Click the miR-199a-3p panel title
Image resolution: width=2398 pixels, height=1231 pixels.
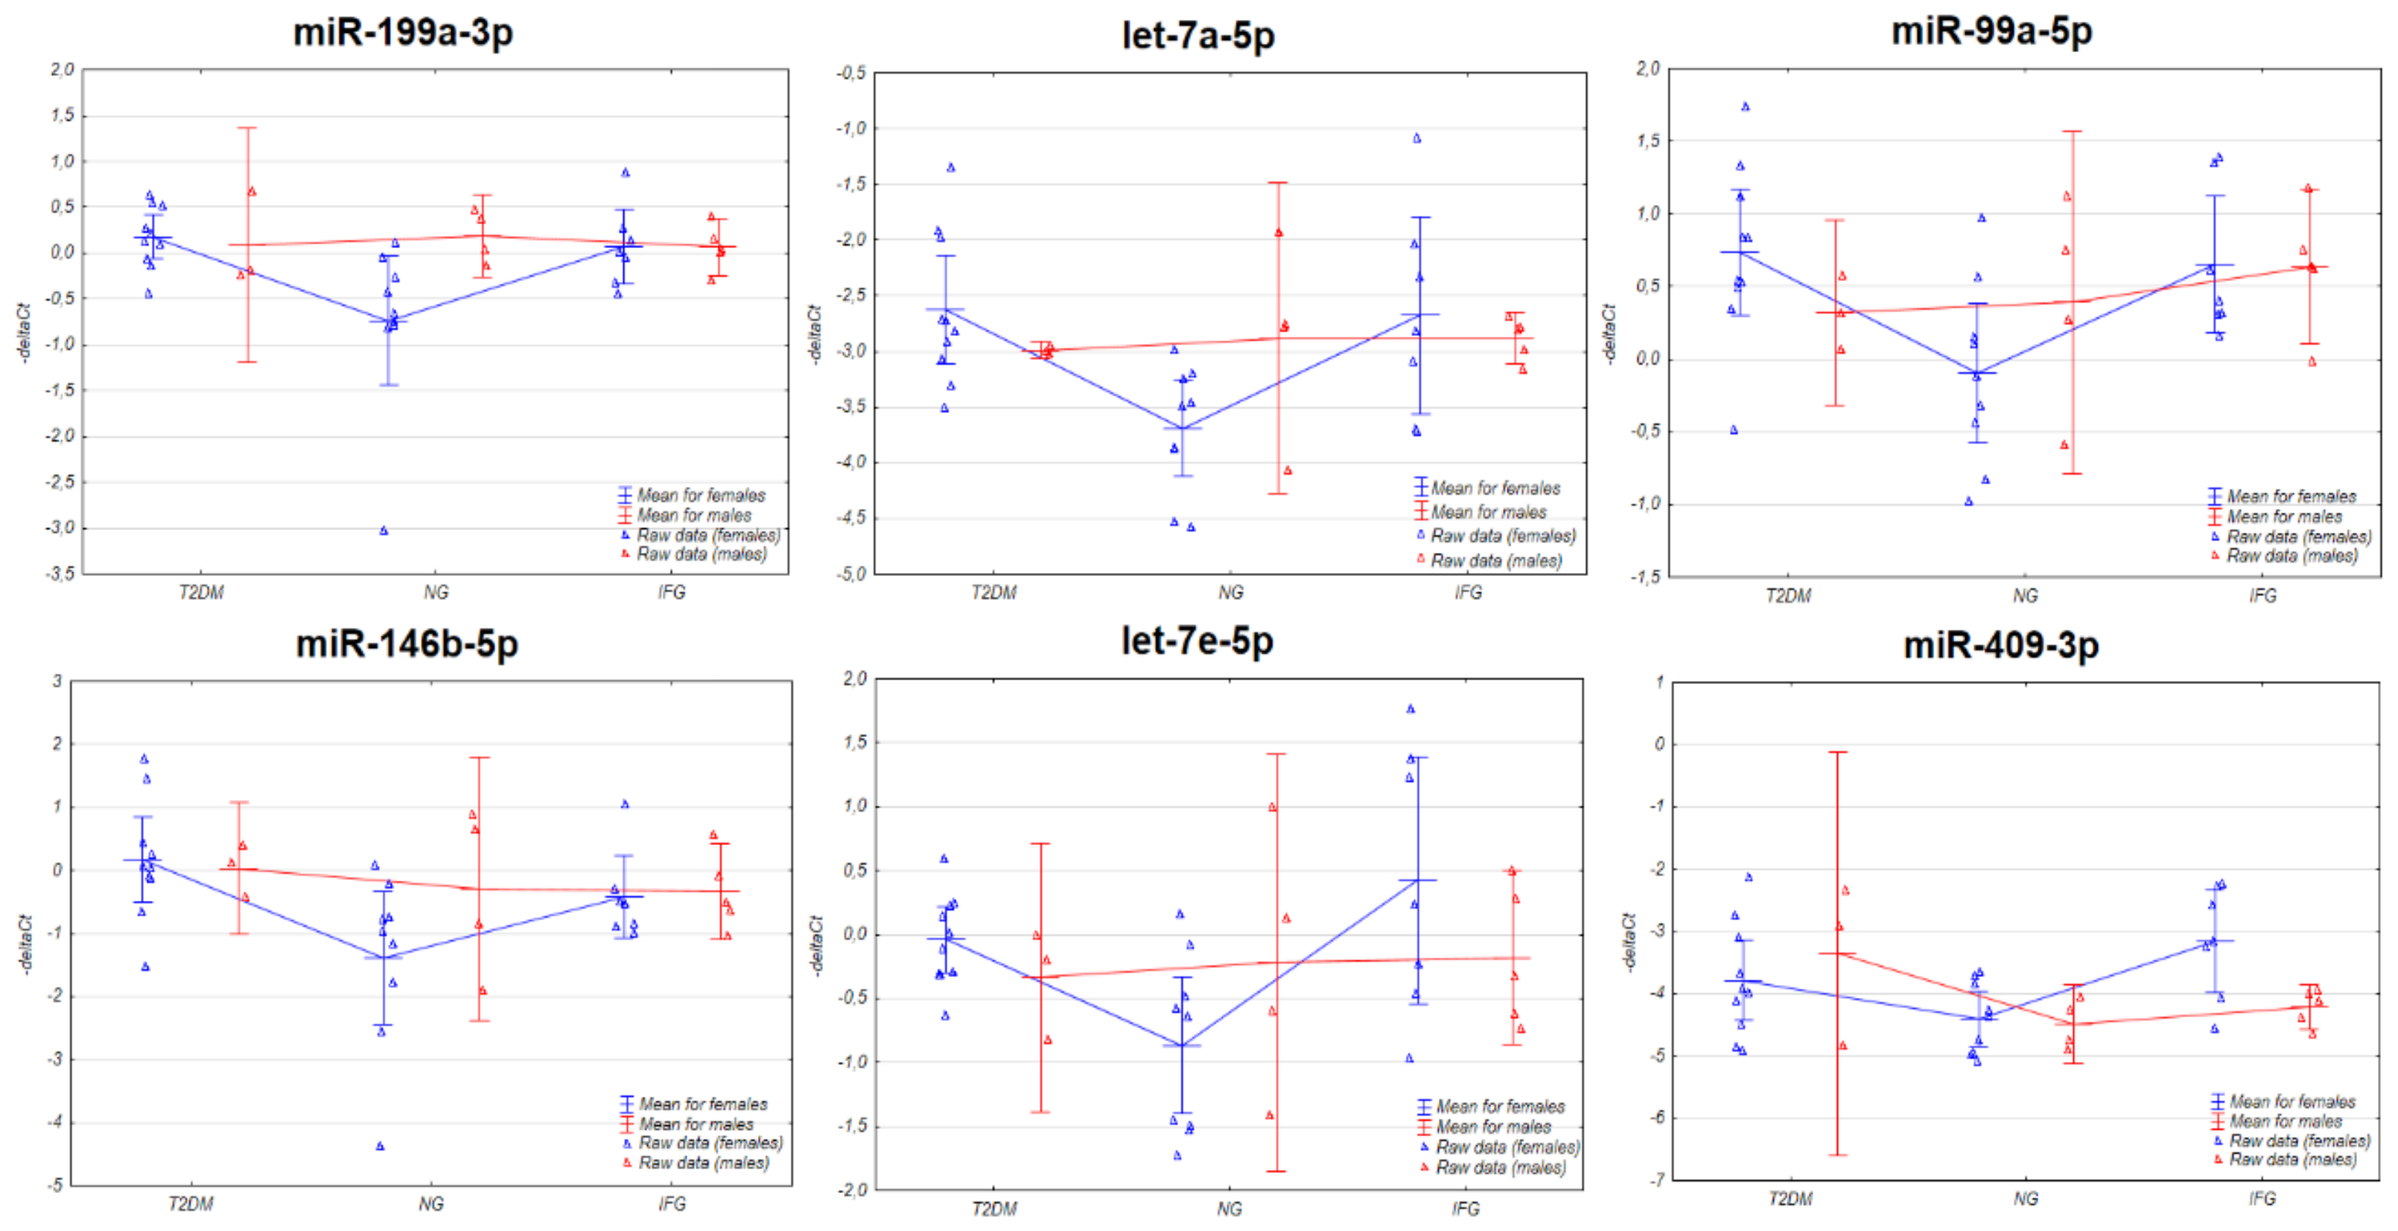tap(402, 33)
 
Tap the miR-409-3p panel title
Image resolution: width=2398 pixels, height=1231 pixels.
tap(2000, 645)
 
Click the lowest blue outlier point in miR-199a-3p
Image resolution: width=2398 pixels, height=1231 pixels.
tap(384, 531)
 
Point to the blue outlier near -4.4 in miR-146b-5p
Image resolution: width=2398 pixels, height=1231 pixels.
tap(380, 1146)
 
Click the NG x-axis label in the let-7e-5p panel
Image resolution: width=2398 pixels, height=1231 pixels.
tap(1229, 1209)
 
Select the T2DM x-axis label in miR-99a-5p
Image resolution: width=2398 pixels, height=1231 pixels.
tap(1788, 596)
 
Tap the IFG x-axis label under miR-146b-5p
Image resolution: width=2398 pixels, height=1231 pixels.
tap(671, 1204)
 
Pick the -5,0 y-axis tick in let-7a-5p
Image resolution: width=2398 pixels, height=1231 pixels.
tap(850, 575)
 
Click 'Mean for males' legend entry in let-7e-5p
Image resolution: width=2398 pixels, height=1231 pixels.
tap(1492, 1127)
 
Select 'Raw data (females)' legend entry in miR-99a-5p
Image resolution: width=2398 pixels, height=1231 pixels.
tap(2297, 537)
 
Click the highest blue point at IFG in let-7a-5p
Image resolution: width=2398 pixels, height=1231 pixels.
tap(1416, 139)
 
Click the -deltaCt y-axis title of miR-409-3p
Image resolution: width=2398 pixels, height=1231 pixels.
tap(1629, 943)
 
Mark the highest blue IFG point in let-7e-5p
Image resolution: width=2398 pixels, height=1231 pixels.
tap(1411, 709)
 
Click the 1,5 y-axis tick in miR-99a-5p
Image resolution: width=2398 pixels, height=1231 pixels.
tap(1647, 142)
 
